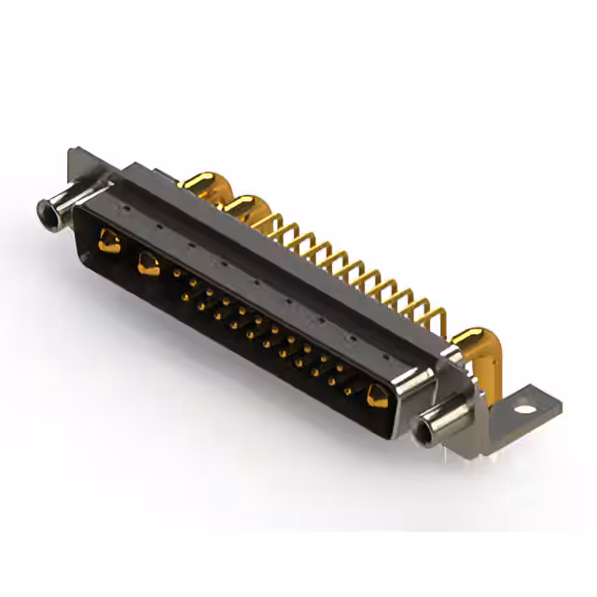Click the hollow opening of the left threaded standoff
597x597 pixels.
[43, 212]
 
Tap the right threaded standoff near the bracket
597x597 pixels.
[438, 424]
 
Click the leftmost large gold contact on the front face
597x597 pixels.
[109, 243]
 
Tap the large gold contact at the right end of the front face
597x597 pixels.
[377, 396]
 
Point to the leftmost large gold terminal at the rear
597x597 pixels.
[199, 183]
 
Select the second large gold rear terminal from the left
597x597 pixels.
[244, 207]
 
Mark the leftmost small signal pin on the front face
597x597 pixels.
[177, 272]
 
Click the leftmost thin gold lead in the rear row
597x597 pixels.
[276, 224]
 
